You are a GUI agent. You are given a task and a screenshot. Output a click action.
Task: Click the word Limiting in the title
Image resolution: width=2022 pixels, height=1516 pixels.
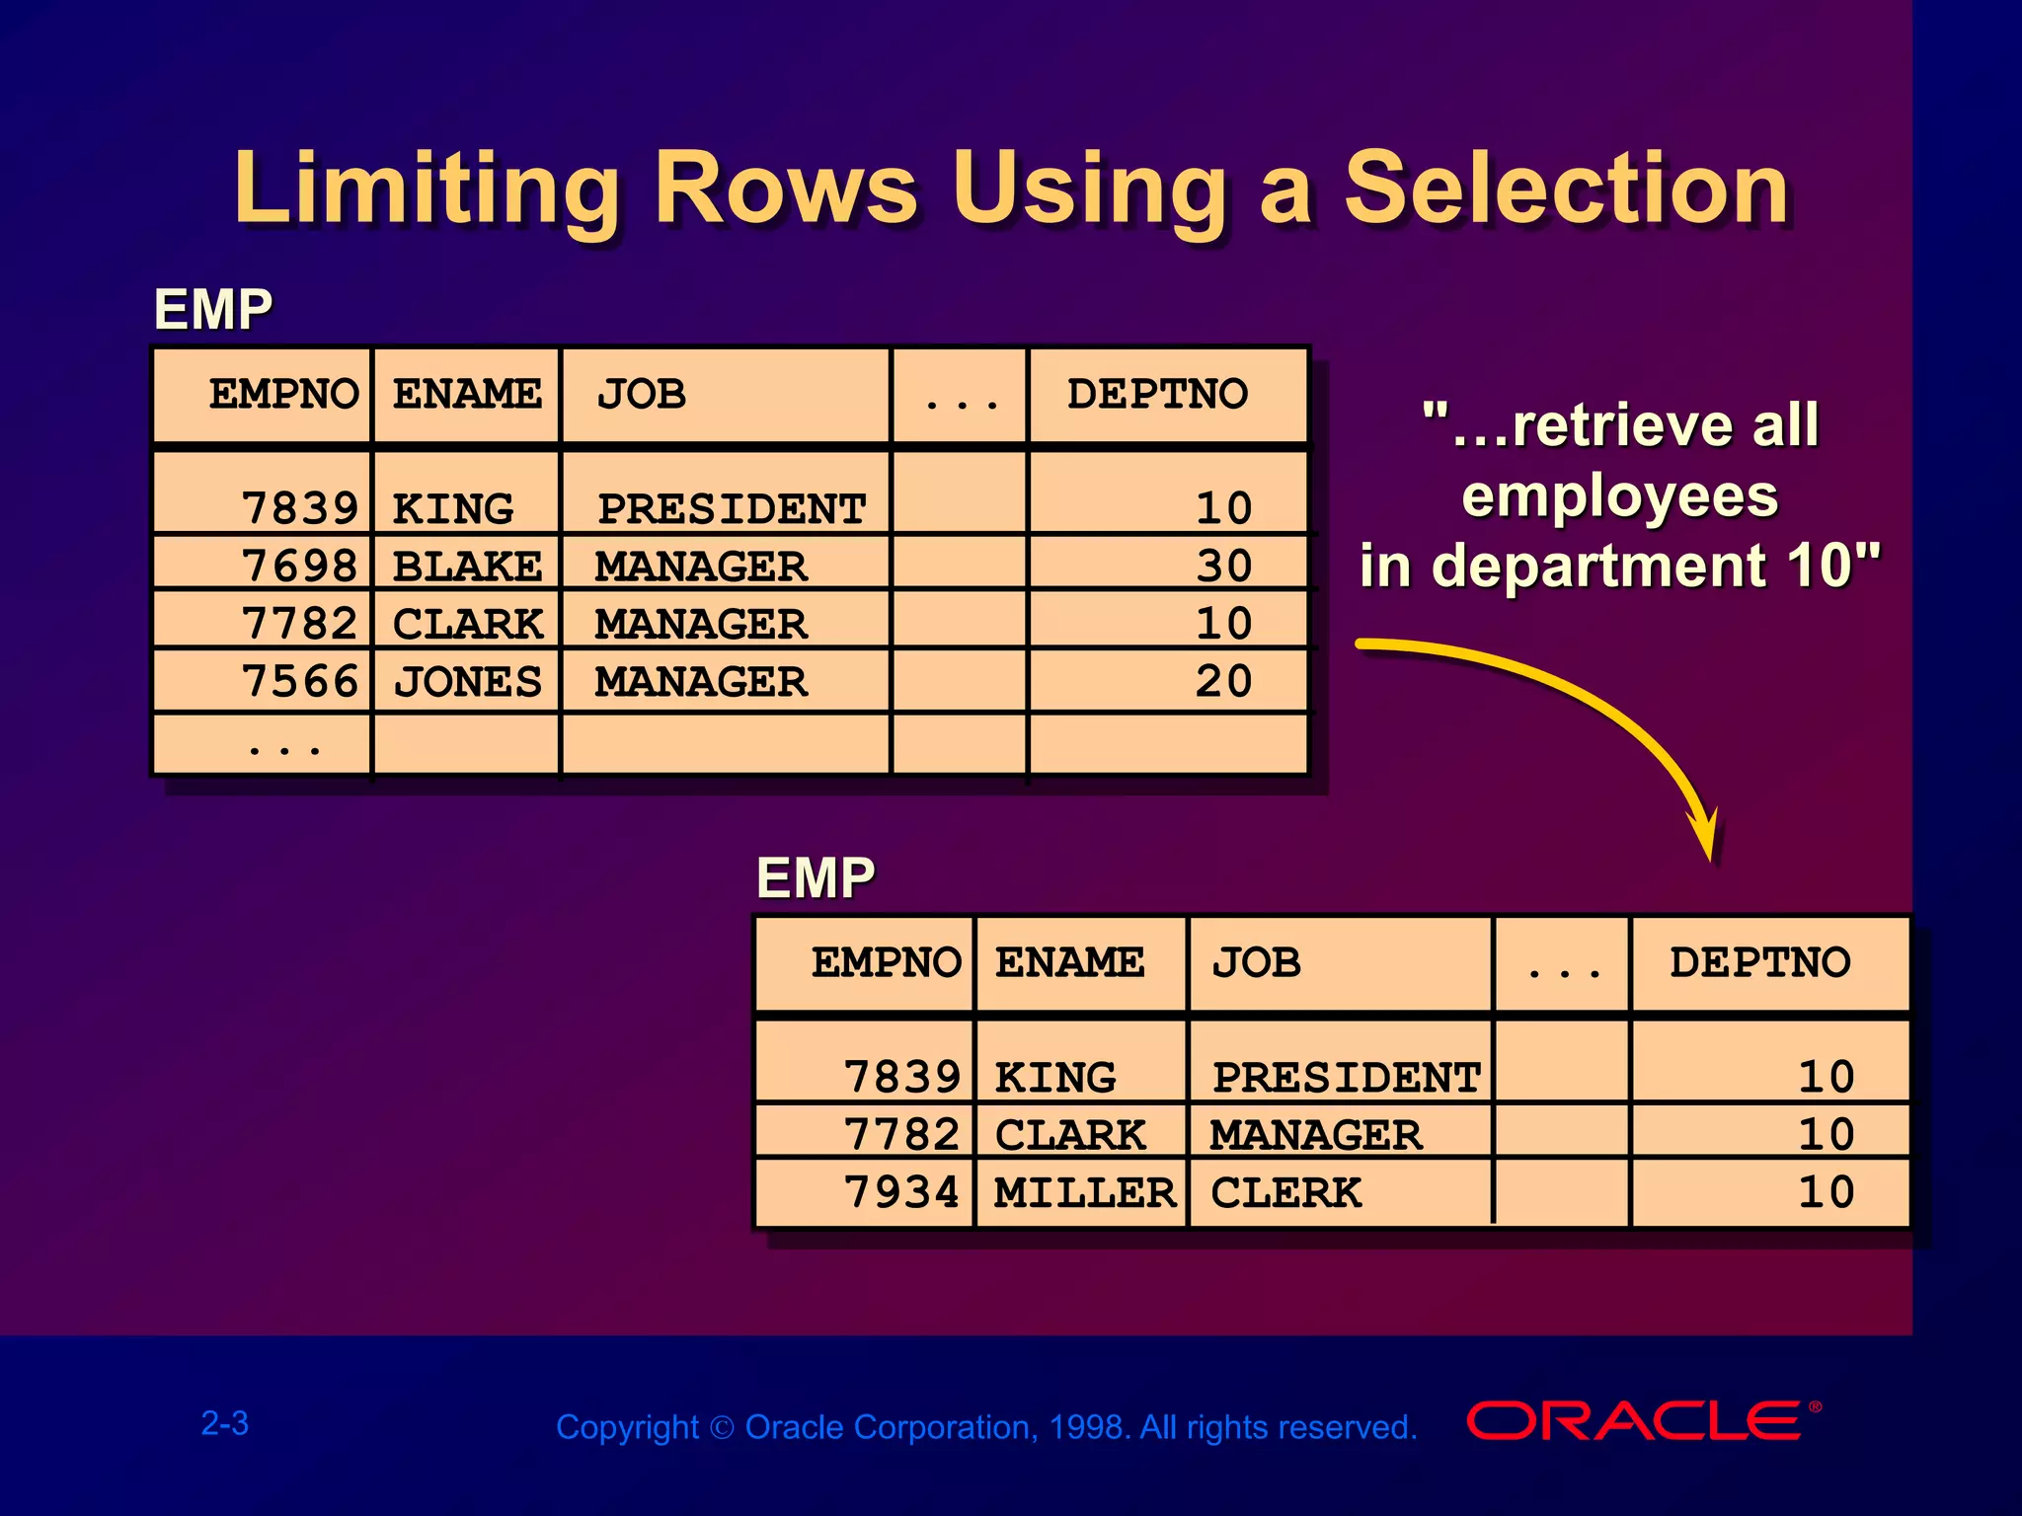(x=427, y=188)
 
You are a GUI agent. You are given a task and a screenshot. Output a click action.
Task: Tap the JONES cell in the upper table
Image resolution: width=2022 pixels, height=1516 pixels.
(x=467, y=682)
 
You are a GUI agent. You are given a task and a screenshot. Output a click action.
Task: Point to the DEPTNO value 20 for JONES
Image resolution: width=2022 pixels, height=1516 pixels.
(x=1223, y=682)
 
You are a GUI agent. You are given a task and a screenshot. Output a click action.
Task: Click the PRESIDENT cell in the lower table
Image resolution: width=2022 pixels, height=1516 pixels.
(x=1346, y=1077)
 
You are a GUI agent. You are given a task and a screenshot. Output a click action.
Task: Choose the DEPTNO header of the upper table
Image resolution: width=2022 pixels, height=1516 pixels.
(x=1157, y=395)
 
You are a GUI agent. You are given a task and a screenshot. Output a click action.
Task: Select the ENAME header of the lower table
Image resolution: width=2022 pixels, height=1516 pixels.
(x=1069, y=962)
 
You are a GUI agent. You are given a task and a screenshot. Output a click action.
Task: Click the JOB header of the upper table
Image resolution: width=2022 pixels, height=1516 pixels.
(x=642, y=395)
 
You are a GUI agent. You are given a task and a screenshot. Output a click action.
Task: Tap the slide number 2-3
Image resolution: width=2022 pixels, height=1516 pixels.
(x=225, y=1423)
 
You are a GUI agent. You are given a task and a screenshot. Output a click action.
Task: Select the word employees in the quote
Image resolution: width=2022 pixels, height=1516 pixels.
(x=1619, y=495)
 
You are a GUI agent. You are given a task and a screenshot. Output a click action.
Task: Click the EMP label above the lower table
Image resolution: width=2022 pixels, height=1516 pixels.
(x=816, y=877)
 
